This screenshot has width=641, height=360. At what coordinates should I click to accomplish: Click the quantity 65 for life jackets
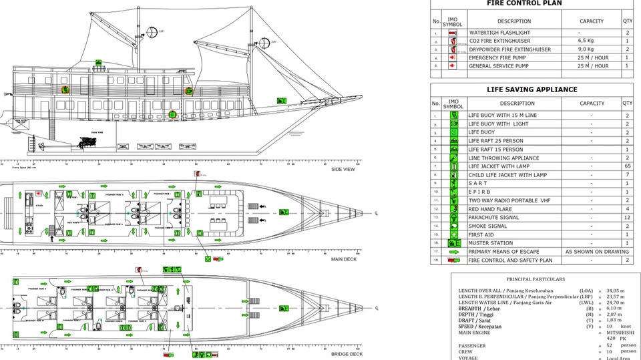click(x=627, y=166)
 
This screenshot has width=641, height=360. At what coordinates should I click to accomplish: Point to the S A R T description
click(x=478, y=183)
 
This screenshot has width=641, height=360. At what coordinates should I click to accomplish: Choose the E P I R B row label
click(x=480, y=192)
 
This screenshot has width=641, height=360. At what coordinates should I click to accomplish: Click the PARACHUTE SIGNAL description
click(x=495, y=217)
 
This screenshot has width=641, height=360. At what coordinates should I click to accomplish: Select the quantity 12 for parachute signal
click(x=627, y=217)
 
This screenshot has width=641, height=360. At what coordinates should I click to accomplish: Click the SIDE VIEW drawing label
click(x=343, y=169)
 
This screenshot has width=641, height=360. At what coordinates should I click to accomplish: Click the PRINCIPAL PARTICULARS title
click(x=536, y=279)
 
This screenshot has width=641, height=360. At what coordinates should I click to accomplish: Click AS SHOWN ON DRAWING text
click(x=596, y=252)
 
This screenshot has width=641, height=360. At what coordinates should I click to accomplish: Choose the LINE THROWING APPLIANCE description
click(x=503, y=158)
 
